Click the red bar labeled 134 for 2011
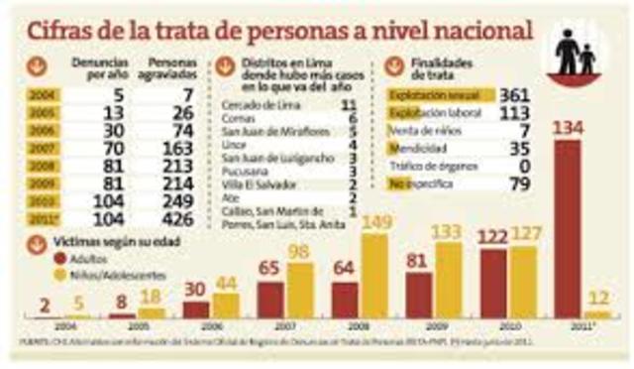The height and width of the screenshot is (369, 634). pyautogui.click(x=569, y=228)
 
